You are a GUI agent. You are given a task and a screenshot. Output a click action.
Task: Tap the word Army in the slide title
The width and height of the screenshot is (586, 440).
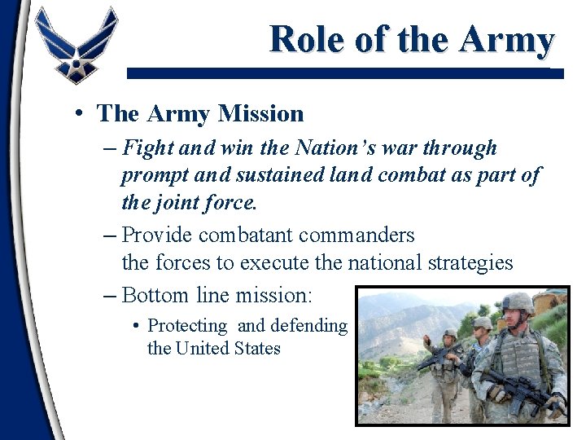(x=506, y=38)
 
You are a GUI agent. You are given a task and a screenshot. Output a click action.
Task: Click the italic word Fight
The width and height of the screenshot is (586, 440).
(x=148, y=148)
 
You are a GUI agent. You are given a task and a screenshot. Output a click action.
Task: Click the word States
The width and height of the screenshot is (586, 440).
(x=258, y=349)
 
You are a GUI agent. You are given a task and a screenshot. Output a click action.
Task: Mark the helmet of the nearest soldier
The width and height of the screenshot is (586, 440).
(x=517, y=304)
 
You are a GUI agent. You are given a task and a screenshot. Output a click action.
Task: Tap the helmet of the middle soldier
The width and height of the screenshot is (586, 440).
(x=482, y=323)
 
